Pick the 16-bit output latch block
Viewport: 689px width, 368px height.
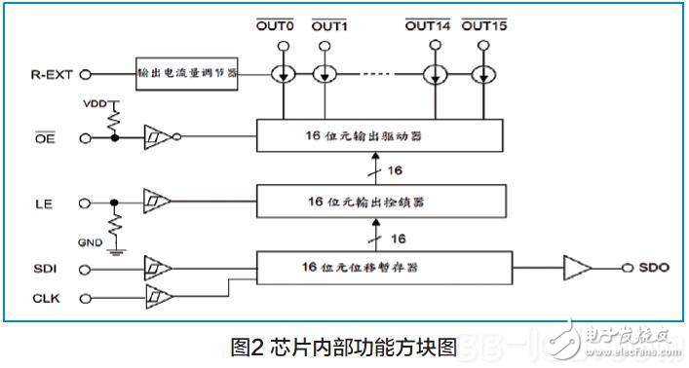coord(380,202)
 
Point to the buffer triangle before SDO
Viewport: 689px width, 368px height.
coord(576,266)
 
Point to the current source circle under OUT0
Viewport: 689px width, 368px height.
coord(284,74)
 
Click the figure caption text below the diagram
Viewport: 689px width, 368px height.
coord(343,345)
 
